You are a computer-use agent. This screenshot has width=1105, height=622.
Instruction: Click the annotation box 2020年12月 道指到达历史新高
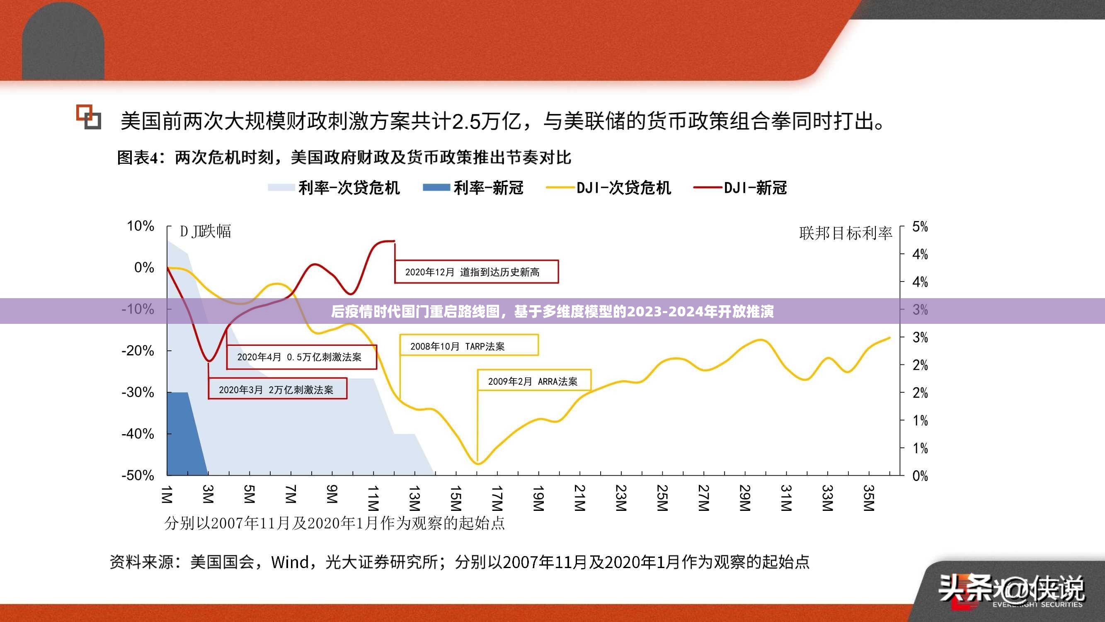point(476,272)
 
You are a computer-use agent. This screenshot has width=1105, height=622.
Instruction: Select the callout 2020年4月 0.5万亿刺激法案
point(301,357)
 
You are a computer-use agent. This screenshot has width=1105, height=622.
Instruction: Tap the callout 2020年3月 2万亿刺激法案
point(277,389)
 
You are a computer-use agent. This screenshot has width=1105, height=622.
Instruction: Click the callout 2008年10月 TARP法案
point(468,346)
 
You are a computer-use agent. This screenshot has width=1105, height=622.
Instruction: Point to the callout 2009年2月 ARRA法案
point(533,381)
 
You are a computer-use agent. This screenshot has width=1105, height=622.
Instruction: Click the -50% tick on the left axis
point(137,475)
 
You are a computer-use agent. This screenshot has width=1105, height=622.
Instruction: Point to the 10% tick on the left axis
point(140,226)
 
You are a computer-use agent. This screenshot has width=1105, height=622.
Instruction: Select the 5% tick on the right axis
point(920,227)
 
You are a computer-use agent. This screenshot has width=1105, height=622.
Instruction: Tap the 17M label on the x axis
point(497,498)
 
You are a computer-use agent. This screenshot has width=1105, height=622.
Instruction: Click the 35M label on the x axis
point(869,498)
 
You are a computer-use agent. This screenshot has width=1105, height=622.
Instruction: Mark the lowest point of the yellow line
point(478,464)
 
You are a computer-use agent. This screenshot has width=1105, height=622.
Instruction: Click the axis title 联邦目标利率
point(845,233)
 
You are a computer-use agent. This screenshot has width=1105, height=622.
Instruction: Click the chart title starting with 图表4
point(344,158)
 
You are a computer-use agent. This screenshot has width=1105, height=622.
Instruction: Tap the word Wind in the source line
point(290,562)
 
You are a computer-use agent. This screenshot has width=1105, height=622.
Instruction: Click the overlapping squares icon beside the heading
point(89,117)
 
